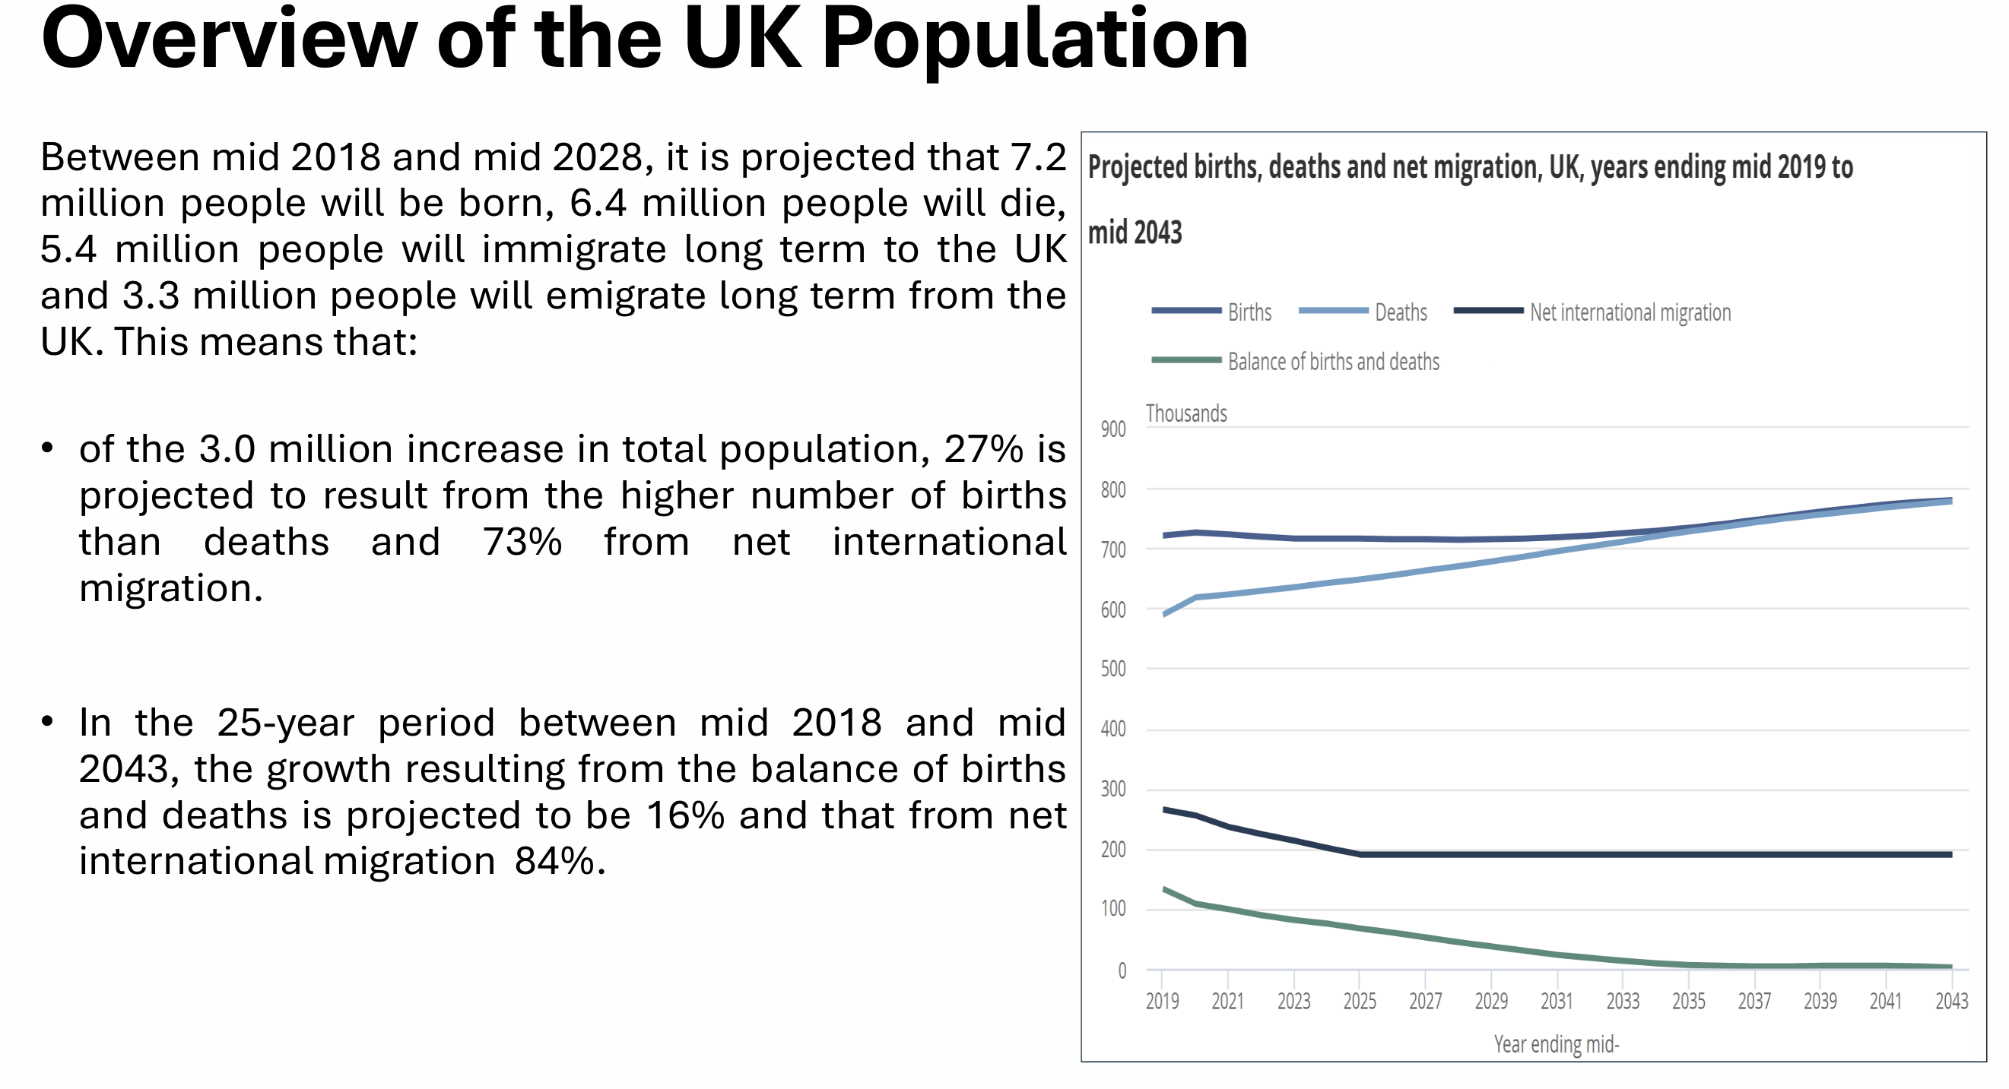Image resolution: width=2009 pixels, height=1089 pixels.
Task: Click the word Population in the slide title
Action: (1034, 39)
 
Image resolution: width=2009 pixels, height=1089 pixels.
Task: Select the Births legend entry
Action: (1249, 312)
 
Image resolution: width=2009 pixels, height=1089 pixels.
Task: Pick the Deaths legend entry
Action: (1400, 312)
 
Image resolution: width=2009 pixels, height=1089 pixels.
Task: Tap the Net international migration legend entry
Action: (1630, 312)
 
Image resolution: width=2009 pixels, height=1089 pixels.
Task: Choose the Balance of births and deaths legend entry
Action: (1333, 362)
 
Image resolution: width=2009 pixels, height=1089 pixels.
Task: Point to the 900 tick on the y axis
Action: (1113, 429)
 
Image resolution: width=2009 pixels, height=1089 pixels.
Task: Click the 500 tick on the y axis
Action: (1113, 669)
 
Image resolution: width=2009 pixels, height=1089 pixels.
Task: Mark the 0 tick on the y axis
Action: (1122, 970)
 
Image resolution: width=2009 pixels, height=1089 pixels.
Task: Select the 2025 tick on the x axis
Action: (1360, 1001)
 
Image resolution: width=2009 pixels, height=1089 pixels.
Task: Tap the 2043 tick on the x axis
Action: (1951, 1001)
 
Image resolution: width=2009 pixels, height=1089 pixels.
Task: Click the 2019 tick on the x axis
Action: (1162, 1001)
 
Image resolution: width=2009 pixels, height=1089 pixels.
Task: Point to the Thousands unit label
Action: (1186, 414)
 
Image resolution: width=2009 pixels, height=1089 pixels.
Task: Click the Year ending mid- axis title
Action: (1557, 1045)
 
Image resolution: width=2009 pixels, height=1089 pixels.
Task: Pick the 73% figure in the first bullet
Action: (522, 543)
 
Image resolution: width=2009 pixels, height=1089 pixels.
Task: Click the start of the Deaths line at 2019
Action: (1163, 615)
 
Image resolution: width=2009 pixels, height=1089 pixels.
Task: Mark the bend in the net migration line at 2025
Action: (1361, 855)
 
